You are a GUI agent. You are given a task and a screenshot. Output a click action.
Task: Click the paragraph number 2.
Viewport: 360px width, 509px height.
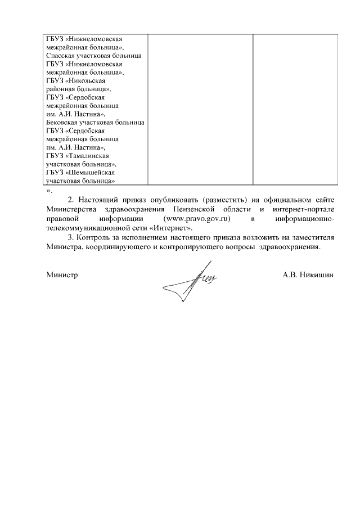coord(70,200)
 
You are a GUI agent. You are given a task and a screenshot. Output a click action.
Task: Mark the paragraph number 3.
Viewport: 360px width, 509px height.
coord(70,238)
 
